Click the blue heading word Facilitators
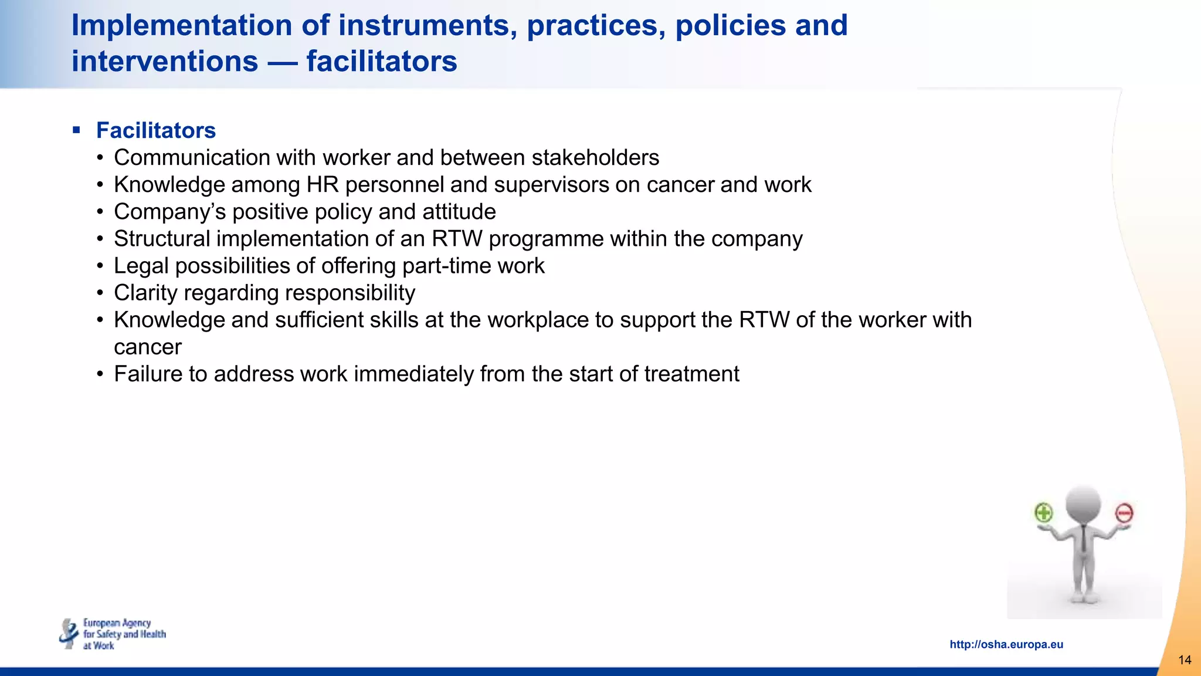(155, 130)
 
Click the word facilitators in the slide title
(381, 62)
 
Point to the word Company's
(169, 212)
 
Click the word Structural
(162, 239)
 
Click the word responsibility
(350, 293)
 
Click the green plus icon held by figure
(1043, 513)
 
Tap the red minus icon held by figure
(1124, 513)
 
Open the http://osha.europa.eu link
(1006, 644)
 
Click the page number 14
(1185, 660)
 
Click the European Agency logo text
(124, 634)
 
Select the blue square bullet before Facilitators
(76, 130)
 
